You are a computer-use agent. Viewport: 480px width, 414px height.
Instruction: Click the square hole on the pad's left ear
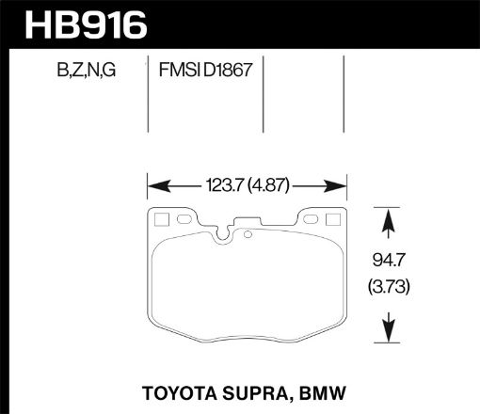tap(160, 221)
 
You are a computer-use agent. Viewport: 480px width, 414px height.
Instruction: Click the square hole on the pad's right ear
tap(334, 221)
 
